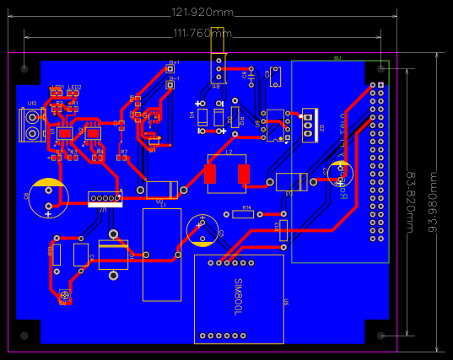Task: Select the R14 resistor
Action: pos(243,214)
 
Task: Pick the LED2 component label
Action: pos(75,88)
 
